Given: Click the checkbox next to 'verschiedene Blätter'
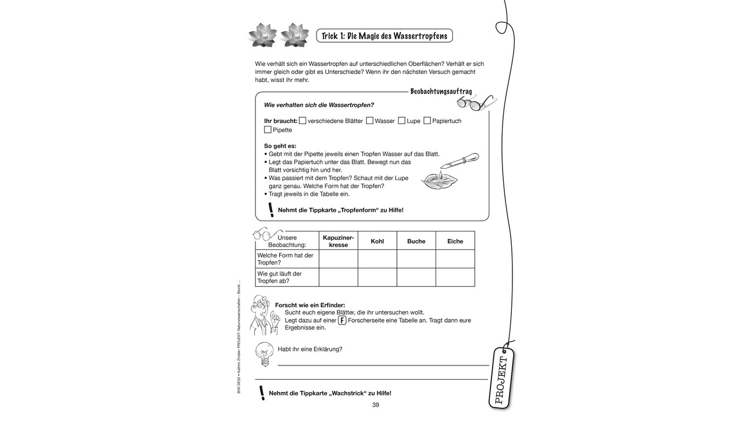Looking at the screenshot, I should [x=302, y=121].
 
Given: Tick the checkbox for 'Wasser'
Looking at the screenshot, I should [x=369, y=121].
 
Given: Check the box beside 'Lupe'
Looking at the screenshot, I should [x=401, y=121].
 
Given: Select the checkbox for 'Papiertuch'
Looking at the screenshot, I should [x=427, y=121].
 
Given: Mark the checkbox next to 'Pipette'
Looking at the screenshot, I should [x=267, y=130].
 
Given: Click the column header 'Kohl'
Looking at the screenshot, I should [x=377, y=241].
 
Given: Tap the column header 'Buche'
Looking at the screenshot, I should [x=416, y=241].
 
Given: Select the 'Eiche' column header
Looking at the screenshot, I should [x=455, y=241].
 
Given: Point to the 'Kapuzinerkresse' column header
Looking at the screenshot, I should [x=338, y=241].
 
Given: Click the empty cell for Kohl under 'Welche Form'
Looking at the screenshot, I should [x=377, y=259].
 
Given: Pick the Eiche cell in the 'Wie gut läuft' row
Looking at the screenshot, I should [x=455, y=277].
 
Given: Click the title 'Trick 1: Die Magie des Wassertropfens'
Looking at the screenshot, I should [x=384, y=36].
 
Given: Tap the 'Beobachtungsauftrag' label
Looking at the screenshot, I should [x=441, y=91].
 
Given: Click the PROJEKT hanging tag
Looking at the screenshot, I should [x=500, y=378].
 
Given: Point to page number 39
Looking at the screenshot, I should [x=375, y=405].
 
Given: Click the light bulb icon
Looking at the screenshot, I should [x=264, y=353].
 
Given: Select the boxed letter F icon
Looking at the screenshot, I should [x=342, y=320].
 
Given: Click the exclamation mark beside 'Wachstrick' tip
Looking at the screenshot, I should [x=262, y=393].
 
